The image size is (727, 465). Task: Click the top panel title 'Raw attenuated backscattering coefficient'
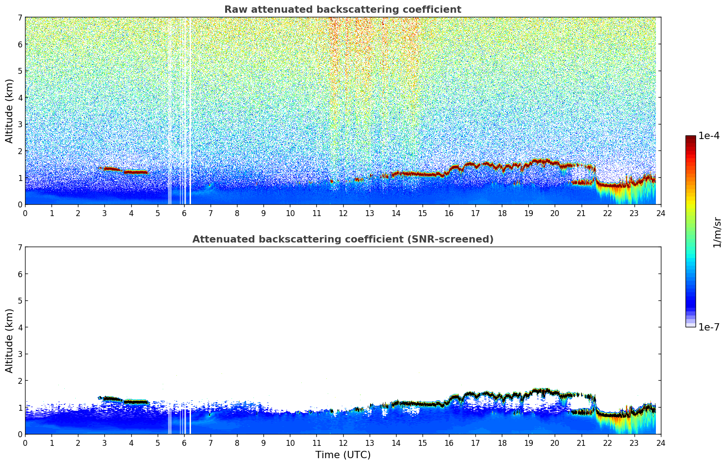pyautogui.click(x=342, y=10)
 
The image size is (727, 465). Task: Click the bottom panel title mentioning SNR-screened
pyautogui.click(x=342, y=239)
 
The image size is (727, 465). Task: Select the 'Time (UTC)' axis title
pyautogui.click(x=343, y=455)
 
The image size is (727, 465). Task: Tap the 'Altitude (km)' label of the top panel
pyautogui.click(x=10, y=111)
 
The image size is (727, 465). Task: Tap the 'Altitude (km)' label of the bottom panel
pyautogui.click(x=10, y=341)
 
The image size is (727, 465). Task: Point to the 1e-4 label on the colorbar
pyautogui.click(x=709, y=136)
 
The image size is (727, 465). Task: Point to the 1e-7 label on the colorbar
pyautogui.click(x=709, y=327)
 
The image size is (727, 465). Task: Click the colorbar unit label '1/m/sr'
pyautogui.click(x=717, y=232)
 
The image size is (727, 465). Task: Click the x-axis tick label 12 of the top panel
pyautogui.click(x=343, y=213)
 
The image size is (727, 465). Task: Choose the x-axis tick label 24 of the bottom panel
pyautogui.click(x=660, y=443)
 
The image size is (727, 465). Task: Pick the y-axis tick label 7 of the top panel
pyautogui.click(x=20, y=18)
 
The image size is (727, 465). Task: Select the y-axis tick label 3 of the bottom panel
pyautogui.click(x=20, y=354)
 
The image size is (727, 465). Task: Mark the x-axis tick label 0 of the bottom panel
pyautogui.click(x=25, y=443)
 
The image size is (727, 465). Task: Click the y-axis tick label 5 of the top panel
pyautogui.click(x=20, y=71)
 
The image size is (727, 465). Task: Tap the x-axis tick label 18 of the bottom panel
pyautogui.click(x=502, y=443)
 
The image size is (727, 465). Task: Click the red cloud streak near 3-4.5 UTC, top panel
pyautogui.click(x=132, y=172)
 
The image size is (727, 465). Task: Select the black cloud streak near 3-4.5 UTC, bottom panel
pyautogui.click(x=132, y=402)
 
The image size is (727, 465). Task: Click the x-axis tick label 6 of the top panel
pyautogui.click(x=184, y=213)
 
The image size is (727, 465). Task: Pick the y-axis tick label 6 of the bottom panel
pyautogui.click(x=20, y=274)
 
